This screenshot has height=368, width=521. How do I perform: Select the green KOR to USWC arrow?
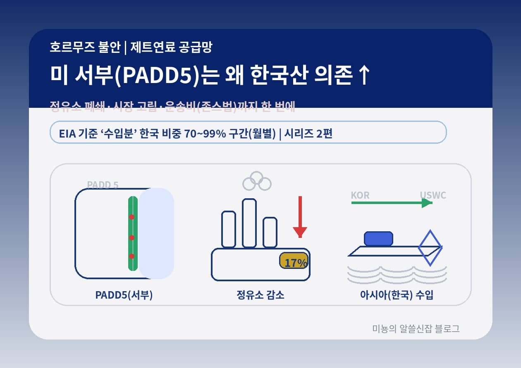point(391,203)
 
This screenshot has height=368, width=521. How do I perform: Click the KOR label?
point(360,195)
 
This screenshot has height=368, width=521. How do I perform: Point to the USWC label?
point(433,195)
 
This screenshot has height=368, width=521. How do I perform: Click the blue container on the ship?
point(378,239)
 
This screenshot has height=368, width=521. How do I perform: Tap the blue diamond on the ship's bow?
point(430,248)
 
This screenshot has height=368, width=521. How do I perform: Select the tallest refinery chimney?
point(249,223)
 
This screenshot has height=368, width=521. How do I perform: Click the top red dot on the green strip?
point(132,217)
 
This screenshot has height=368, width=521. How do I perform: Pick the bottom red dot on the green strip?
point(132,256)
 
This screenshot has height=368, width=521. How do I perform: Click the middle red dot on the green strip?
point(132,237)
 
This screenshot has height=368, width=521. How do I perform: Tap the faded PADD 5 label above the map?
point(103,185)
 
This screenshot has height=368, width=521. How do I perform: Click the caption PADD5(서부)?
point(124,295)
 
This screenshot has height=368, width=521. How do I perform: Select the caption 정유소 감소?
point(260,295)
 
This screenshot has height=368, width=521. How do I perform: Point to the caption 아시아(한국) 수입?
point(397,295)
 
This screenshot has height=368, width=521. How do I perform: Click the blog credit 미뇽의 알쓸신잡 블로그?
point(416,329)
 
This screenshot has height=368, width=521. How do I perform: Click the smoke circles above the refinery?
point(257,181)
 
